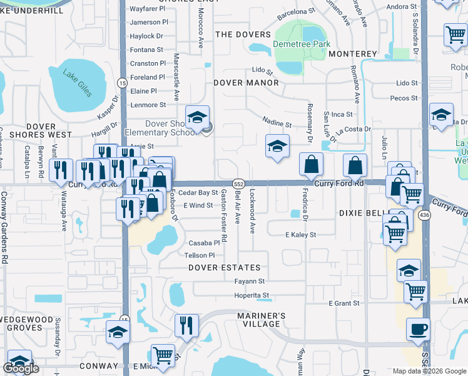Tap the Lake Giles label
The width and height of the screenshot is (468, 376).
tap(78, 83)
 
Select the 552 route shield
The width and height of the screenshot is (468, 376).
tap(238, 182)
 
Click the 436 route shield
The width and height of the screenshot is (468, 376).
tap(425, 216)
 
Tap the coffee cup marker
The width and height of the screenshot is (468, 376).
tap(418, 329)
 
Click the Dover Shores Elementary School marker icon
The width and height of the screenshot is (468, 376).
tap(197, 117)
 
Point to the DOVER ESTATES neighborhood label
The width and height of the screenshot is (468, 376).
tap(225, 268)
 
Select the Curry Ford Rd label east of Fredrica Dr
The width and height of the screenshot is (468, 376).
tap(338, 184)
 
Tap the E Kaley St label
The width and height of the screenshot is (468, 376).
tap(301, 234)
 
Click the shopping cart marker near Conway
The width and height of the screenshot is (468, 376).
tap(163, 355)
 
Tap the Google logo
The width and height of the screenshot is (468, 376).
tap(21, 368)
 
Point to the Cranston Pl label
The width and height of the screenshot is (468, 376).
tap(148, 63)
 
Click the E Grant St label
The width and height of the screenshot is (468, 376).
tap(344, 303)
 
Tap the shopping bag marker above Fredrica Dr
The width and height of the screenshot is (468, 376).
tap(311, 165)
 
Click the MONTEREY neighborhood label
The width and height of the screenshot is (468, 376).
tap(352, 54)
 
